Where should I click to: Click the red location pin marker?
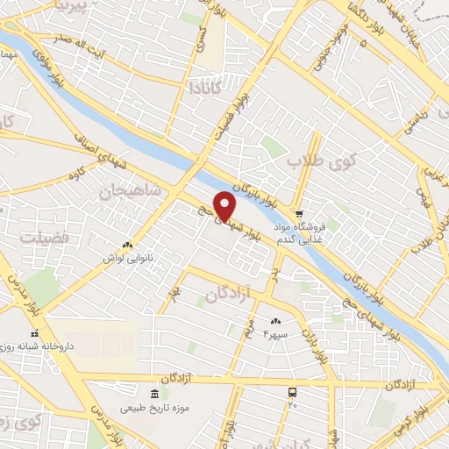tap(225, 206)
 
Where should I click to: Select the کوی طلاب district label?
tap(324, 161)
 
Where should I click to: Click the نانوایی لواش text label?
tap(124, 260)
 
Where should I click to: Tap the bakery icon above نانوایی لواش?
tap(128, 246)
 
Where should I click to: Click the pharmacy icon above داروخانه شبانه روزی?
tap(35, 334)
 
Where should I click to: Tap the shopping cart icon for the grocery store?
tap(299, 213)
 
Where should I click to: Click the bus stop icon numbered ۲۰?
tap(293, 395)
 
